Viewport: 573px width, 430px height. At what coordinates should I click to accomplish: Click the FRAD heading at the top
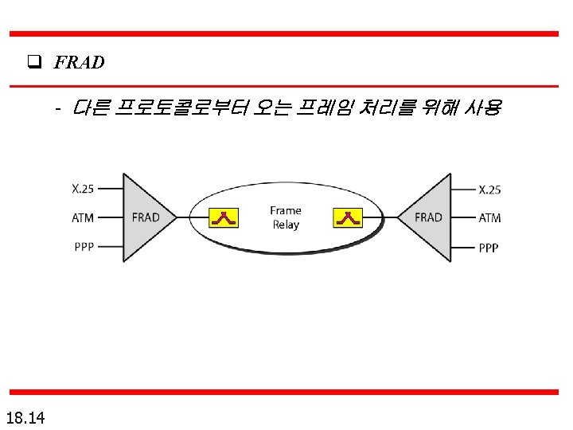click(79, 62)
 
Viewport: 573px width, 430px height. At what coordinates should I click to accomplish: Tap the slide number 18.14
click(25, 416)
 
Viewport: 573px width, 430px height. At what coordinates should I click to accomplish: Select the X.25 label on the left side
click(83, 189)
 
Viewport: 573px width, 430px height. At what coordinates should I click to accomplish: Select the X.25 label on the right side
click(489, 189)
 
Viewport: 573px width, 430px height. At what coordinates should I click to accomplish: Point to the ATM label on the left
click(83, 217)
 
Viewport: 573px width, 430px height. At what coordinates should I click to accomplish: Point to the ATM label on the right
click(489, 217)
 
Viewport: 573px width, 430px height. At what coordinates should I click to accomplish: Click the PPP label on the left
click(83, 246)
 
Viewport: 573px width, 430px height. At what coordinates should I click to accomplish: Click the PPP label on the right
click(489, 248)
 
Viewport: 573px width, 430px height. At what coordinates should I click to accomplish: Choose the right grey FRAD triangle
click(431, 217)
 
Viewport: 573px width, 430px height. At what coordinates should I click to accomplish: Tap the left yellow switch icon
click(224, 217)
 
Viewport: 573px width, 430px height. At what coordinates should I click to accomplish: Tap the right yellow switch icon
click(348, 217)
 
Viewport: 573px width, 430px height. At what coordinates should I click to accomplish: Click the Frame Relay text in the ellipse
click(286, 217)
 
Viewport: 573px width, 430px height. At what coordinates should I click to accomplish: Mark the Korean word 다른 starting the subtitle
click(91, 107)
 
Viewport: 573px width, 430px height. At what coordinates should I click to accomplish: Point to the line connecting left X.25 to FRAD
click(110, 189)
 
